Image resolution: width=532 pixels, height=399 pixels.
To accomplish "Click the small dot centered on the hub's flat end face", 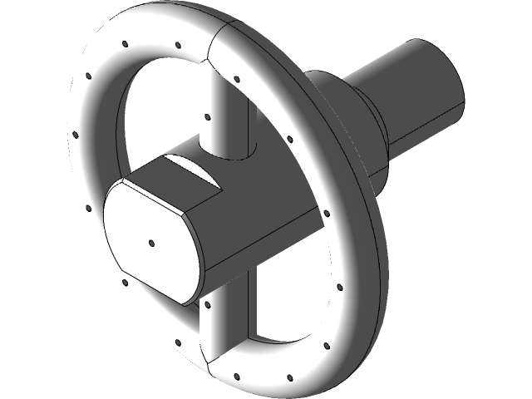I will tap(152, 244).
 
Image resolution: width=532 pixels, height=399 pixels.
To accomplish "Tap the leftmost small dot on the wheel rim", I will tap(73, 132).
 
